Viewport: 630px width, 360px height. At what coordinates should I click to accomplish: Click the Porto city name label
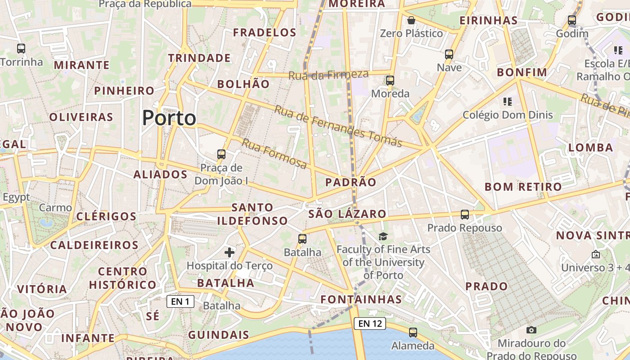tap(169, 118)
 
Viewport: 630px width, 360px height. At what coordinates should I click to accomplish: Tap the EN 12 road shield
tap(370, 323)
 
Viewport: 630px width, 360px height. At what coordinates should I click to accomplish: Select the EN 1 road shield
tap(180, 301)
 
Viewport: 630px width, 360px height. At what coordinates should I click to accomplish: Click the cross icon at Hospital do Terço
tap(229, 252)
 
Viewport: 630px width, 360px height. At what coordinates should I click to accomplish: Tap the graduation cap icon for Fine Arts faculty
tap(383, 236)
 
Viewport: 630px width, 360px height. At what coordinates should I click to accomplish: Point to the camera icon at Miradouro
tap(531, 330)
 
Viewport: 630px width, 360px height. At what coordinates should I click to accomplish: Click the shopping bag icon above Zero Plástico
tap(411, 20)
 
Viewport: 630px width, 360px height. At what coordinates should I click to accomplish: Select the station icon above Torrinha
tap(21, 49)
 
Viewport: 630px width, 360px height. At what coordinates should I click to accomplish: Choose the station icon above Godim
tap(572, 20)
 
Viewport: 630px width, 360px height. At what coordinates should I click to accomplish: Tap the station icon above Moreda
tap(390, 81)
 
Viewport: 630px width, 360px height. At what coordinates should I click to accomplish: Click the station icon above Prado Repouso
tap(465, 215)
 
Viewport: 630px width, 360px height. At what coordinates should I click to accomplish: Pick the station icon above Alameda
tap(413, 333)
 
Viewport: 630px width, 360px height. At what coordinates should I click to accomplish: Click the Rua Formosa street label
tap(274, 154)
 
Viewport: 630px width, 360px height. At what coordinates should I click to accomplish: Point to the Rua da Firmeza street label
tap(328, 75)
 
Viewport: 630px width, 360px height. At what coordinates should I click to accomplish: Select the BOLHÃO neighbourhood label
tap(243, 84)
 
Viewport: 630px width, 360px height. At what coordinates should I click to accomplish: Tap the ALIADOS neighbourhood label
tap(160, 175)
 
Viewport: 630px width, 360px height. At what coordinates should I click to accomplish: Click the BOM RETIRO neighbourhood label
tap(523, 187)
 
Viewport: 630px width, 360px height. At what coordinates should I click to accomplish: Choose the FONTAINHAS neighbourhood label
tap(361, 299)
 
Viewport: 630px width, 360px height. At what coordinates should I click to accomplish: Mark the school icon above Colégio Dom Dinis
tap(508, 102)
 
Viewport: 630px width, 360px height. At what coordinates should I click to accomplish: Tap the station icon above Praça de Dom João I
tap(221, 154)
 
